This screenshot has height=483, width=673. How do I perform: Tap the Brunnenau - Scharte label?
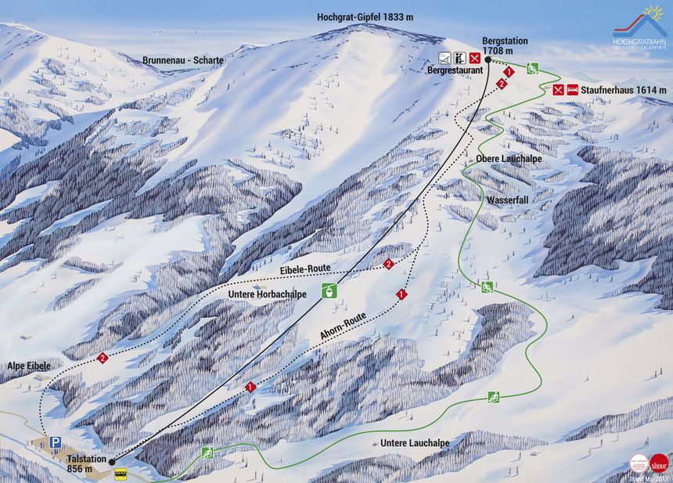point(183,60)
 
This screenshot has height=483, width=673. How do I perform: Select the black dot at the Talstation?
point(112,462)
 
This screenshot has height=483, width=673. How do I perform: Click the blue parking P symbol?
point(56,442)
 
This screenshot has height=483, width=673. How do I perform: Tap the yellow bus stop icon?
point(121,474)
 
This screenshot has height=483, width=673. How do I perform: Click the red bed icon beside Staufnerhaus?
point(572,90)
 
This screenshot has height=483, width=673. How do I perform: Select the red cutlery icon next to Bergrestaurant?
point(474,57)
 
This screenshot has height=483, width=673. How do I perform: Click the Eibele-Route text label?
point(305,269)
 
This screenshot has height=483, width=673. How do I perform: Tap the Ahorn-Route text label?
point(344,326)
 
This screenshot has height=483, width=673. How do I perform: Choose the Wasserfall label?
point(508,200)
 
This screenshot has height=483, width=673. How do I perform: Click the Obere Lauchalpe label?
point(509,159)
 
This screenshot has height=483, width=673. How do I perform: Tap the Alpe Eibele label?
point(29,366)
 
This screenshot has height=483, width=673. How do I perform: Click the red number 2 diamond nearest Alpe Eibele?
point(103,358)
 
